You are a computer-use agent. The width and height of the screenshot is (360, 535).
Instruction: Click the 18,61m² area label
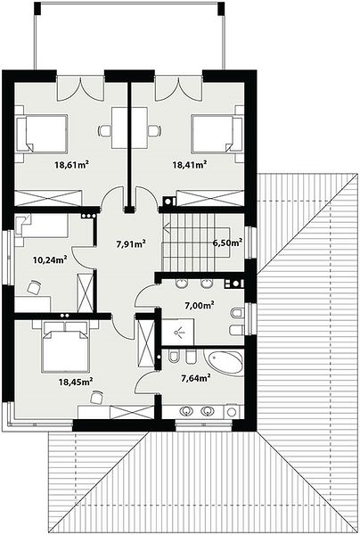pyautogui.click(x=72, y=165)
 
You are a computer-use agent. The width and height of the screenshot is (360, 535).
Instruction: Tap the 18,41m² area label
pyautogui.click(x=190, y=165)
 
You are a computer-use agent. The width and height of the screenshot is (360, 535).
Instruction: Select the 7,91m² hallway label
pyautogui.click(x=131, y=244)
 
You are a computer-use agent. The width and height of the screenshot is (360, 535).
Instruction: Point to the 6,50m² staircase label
pyautogui.click(x=227, y=243)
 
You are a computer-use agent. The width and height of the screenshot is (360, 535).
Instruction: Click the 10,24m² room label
pyautogui.click(x=50, y=260)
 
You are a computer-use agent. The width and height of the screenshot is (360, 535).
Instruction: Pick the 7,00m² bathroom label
pyautogui.click(x=200, y=305)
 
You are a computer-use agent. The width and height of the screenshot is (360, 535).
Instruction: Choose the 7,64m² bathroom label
pyautogui.click(x=195, y=378)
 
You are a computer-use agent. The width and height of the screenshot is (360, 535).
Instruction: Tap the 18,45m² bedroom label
pyautogui.click(x=76, y=382)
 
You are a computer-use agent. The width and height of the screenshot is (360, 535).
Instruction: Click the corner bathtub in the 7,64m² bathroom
pyautogui.click(x=225, y=362)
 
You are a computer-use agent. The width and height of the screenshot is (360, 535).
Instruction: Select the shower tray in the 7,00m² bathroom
pyautogui.click(x=177, y=332)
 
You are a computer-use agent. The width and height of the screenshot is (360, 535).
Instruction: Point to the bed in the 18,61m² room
pyautogui.click(x=42, y=133)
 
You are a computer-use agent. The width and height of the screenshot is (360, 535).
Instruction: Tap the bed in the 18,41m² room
pyautogui.click(x=217, y=133)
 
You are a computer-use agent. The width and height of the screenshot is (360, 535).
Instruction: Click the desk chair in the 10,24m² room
pyautogui.click(x=34, y=287)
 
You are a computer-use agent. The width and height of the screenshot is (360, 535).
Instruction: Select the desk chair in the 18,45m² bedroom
pyautogui.click(x=97, y=397)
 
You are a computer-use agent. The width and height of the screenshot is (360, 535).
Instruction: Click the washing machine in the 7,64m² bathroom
pyautogui.click(x=232, y=412)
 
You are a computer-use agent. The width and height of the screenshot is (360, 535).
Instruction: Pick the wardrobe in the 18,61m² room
pyautogui.click(x=48, y=198)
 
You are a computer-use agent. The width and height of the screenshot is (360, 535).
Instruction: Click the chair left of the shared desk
pyautogui.click(x=104, y=130)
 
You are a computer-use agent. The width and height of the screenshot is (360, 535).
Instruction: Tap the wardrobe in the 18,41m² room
pyautogui.click(x=210, y=198)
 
